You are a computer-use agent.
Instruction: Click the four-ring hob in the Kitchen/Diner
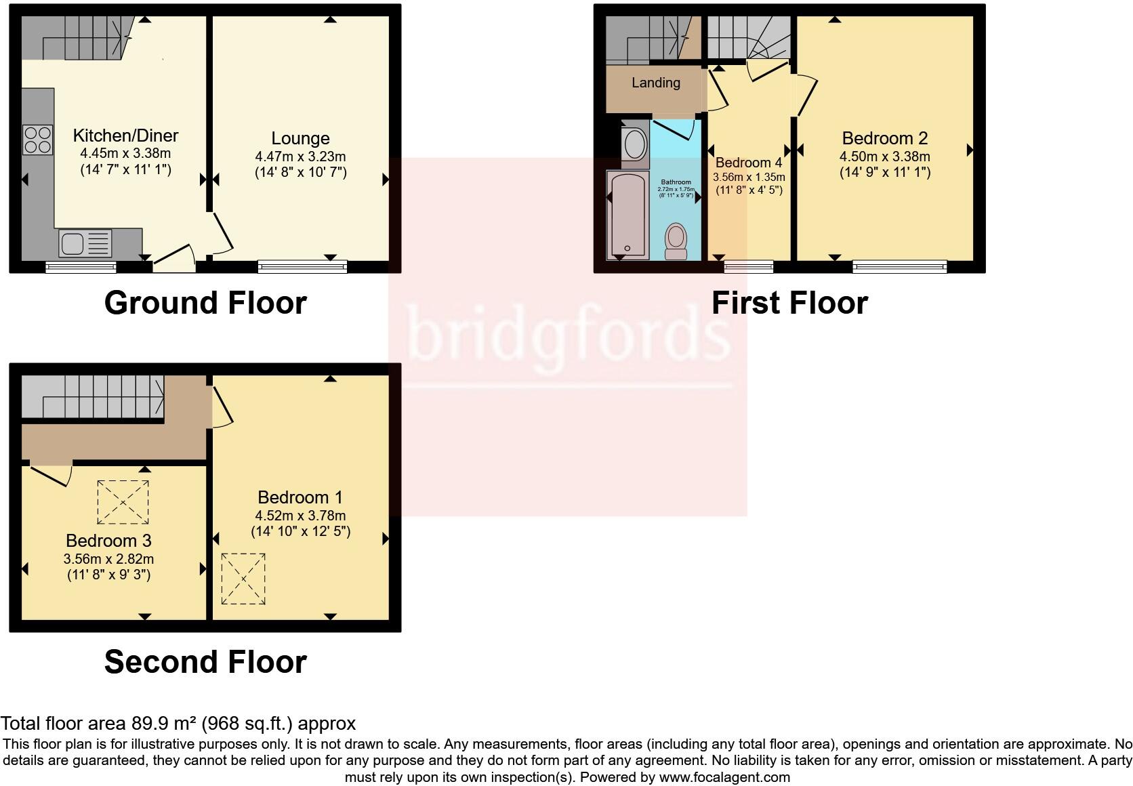[x=37, y=140]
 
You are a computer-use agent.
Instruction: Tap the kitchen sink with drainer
[x=85, y=243]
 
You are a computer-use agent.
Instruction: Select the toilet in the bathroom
[x=676, y=241]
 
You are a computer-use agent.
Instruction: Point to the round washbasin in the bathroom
[x=635, y=144]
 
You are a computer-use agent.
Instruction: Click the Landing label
[x=655, y=83]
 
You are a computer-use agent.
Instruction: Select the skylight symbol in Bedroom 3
[x=123, y=502]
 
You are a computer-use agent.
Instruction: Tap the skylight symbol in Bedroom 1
[x=243, y=579]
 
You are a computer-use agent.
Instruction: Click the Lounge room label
[x=300, y=138]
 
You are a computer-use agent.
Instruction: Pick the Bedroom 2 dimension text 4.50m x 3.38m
[x=884, y=157]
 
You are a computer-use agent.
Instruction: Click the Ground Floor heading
[x=205, y=303]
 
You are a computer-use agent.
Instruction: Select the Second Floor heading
[x=205, y=661]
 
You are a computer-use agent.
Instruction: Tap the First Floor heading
[x=789, y=303]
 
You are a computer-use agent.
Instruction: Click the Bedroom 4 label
[x=748, y=163]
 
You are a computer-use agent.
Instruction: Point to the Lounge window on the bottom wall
[x=302, y=267]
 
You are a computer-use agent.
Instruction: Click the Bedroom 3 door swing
[x=51, y=474]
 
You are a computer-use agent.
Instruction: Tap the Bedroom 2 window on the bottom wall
[x=899, y=267]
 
